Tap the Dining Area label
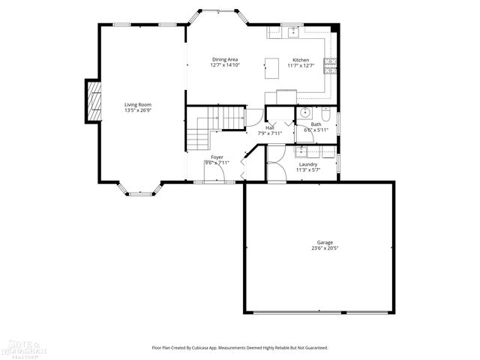pos(225,59)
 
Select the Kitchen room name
pos(300,59)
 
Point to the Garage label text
pos(324,242)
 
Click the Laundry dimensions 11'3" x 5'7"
pos(307,170)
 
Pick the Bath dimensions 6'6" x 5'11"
pos(316,130)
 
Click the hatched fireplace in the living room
pos(92,100)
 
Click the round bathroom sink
pos(304,113)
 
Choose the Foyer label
pos(217,157)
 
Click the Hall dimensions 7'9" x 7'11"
pos(269,133)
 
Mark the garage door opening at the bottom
pos(319,312)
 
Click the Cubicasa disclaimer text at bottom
pos(240,348)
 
